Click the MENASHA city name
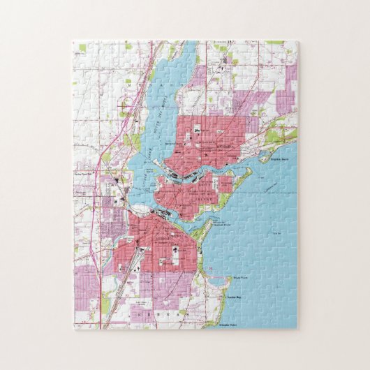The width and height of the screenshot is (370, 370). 225,149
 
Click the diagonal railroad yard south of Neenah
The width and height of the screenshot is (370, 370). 140,265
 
